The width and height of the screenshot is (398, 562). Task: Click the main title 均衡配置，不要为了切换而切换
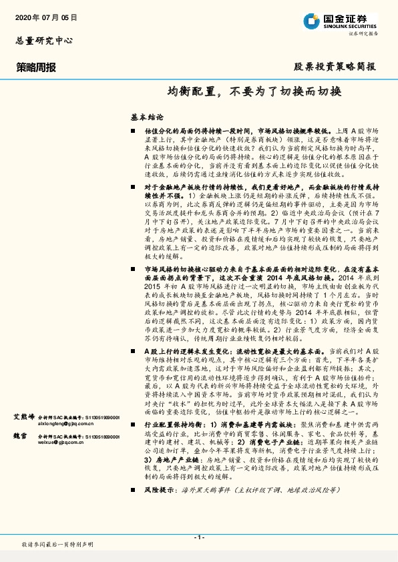[x=254, y=91]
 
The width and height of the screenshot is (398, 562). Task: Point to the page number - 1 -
[x=198, y=537]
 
